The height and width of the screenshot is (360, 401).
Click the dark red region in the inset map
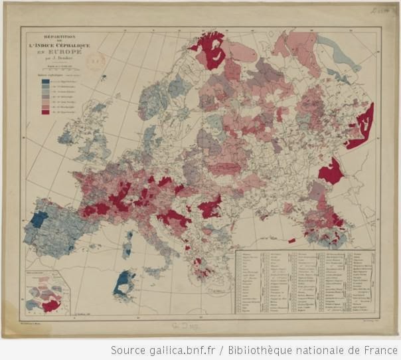point(50,305)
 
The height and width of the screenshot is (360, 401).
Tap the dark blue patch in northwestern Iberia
point(39,219)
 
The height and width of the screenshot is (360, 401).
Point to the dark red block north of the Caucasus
point(330,171)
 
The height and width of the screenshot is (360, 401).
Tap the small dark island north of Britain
point(104,78)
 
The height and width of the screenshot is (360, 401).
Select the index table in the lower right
point(305,282)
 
